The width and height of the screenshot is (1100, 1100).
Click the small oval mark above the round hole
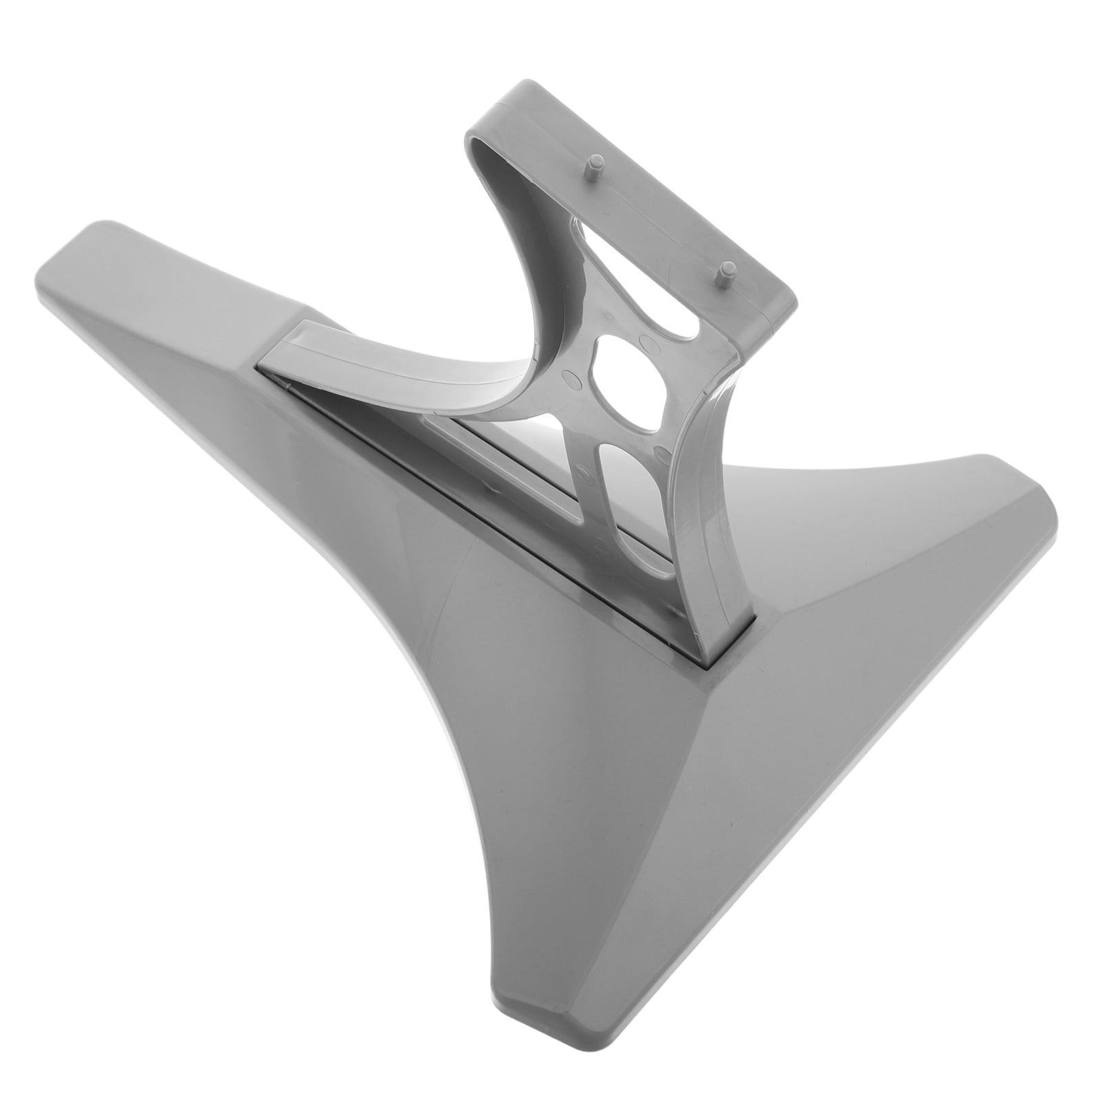pos(646,342)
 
